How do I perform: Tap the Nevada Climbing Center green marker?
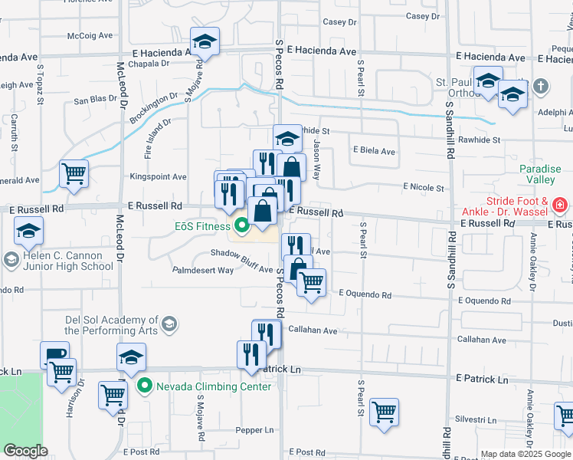point(143,386)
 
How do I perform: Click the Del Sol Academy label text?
point(111,325)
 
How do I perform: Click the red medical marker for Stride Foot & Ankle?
point(559,205)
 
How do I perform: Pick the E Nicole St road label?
point(423,188)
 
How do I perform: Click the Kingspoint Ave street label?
point(158,176)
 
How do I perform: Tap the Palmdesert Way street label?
point(202,270)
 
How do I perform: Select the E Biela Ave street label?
point(373,151)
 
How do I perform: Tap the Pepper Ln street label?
point(254,430)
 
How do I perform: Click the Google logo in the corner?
point(25,451)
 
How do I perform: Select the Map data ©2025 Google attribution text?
point(526,454)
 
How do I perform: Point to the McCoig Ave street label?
point(90,35)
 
